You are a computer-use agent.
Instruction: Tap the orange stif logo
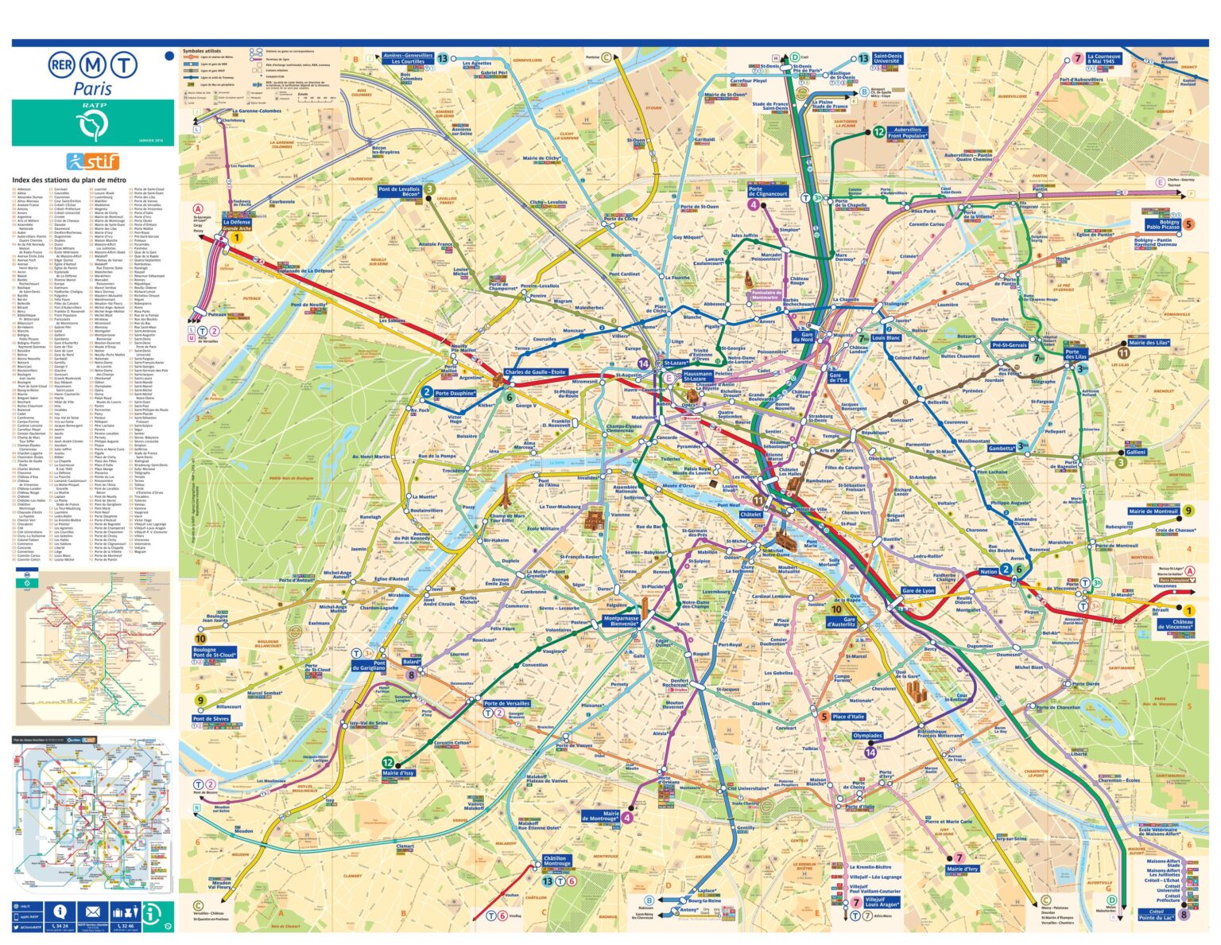(92, 161)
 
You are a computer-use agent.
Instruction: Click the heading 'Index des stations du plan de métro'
(68, 181)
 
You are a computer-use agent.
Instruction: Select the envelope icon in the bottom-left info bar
(92, 912)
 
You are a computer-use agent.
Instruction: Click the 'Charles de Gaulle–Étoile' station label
(535, 372)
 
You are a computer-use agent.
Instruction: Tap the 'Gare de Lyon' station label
(918, 590)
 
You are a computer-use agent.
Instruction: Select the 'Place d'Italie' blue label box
(847, 717)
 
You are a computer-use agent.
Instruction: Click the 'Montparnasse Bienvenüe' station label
(621, 621)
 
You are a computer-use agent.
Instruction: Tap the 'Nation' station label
(988, 571)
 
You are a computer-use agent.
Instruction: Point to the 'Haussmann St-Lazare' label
(698, 375)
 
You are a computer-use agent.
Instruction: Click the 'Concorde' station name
(667, 437)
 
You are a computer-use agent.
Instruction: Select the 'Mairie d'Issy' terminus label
(397, 773)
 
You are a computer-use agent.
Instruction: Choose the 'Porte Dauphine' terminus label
(455, 393)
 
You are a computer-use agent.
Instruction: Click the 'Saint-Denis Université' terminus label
(886, 58)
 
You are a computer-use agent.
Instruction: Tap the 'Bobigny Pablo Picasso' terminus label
(1163, 224)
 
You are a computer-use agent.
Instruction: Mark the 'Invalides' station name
(587, 478)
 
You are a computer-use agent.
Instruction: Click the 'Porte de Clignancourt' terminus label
(767, 191)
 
